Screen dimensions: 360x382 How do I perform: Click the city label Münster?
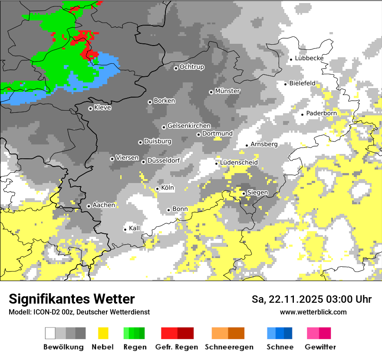tap(227, 91)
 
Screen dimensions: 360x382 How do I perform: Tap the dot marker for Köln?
tap(157, 189)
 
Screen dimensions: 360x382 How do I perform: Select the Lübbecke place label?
tap(309, 58)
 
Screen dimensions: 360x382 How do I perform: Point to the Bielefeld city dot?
tap(286, 84)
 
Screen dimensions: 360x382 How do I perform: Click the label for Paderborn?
tap(321, 113)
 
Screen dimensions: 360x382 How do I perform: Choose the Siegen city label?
tap(257, 192)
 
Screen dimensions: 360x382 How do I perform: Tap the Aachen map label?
tap(104, 205)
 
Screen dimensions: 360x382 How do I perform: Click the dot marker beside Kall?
tap(125, 229)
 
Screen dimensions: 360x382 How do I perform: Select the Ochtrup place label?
tap(191, 67)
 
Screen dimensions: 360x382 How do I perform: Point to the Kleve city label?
tap(102, 108)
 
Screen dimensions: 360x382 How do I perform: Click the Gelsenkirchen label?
tap(189, 126)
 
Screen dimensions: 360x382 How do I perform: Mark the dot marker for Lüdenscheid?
tap(217, 164)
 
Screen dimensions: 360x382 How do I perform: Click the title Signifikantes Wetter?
tap(72, 299)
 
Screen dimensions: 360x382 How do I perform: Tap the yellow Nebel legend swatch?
tap(103, 333)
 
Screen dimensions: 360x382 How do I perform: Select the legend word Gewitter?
tap(320, 347)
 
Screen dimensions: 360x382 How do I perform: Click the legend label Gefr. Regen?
tap(177, 347)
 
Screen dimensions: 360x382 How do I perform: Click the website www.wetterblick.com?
tap(313, 312)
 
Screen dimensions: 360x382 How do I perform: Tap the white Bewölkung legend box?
tap(50, 333)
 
